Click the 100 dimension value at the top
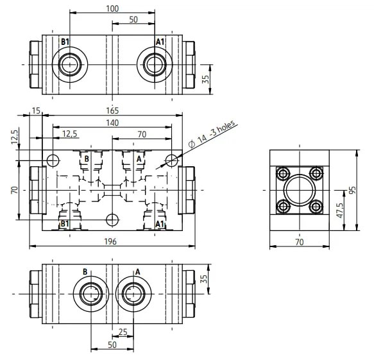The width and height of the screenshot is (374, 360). tap(112, 8)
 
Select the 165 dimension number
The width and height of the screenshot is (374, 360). tap(112, 111)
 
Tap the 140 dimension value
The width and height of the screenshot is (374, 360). tap(112, 123)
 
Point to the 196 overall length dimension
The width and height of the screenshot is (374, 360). tap(111, 242)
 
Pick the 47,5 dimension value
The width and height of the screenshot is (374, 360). tap(339, 210)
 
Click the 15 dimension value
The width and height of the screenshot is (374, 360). tap(37, 111)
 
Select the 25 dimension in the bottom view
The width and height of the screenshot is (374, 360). tap(123, 332)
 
